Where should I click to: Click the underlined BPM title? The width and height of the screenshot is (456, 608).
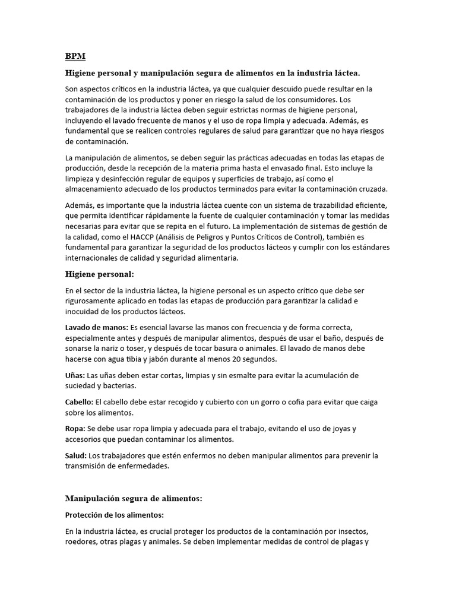coord(75,56)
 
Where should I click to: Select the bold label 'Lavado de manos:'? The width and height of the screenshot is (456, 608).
coord(96,328)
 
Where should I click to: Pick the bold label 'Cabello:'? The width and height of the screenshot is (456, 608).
coord(79,403)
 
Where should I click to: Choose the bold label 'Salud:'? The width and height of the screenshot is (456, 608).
coord(75,455)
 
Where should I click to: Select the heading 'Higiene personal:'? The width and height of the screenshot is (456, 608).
coord(100,274)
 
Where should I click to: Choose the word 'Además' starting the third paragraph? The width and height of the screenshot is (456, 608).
coord(80,205)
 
